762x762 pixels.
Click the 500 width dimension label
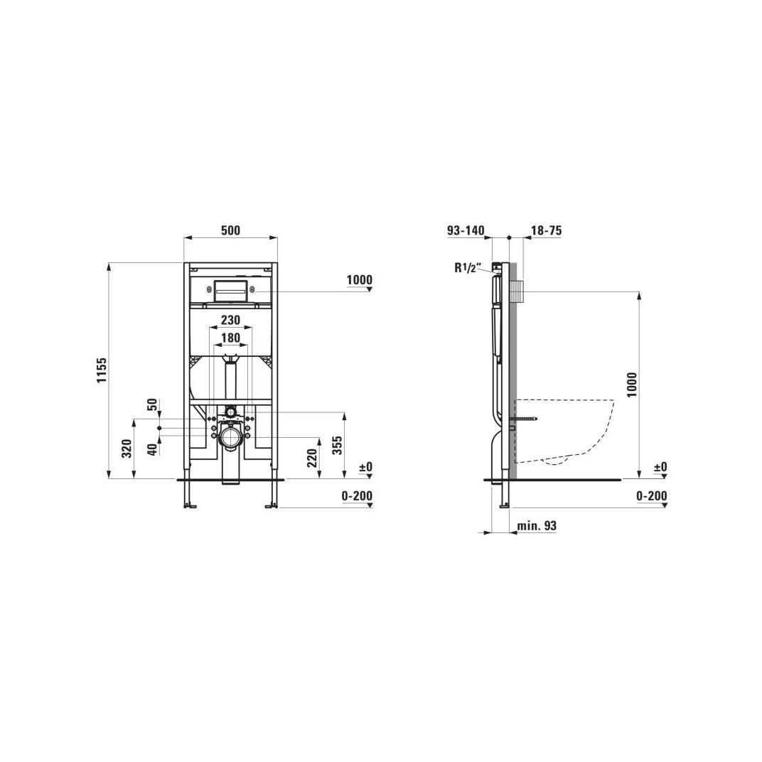(x=230, y=230)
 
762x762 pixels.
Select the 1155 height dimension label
(x=102, y=370)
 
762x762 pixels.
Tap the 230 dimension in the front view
(x=230, y=320)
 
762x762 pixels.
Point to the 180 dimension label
(x=230, y=338)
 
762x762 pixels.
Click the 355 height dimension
(x=338, y=445)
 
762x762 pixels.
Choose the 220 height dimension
(x=312, y=458)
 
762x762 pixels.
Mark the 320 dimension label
(x=127, y=449)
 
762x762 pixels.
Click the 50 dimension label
(x=151, y=405)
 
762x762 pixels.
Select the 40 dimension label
(x=151, y=449)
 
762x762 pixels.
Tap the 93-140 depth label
(x=466, y=230)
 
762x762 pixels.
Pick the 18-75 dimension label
(x=547, y=230)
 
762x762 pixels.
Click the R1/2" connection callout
(x=468, y=268)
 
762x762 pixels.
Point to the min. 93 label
(x=537, y=526)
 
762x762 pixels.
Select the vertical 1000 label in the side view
(x=632, y=385)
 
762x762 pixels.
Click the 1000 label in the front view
(x=360, y=280)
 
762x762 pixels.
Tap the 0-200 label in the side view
(x=652, y=496)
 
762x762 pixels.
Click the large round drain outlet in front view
(x=230, y=436)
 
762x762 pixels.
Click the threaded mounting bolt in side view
(x=529, y=420)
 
